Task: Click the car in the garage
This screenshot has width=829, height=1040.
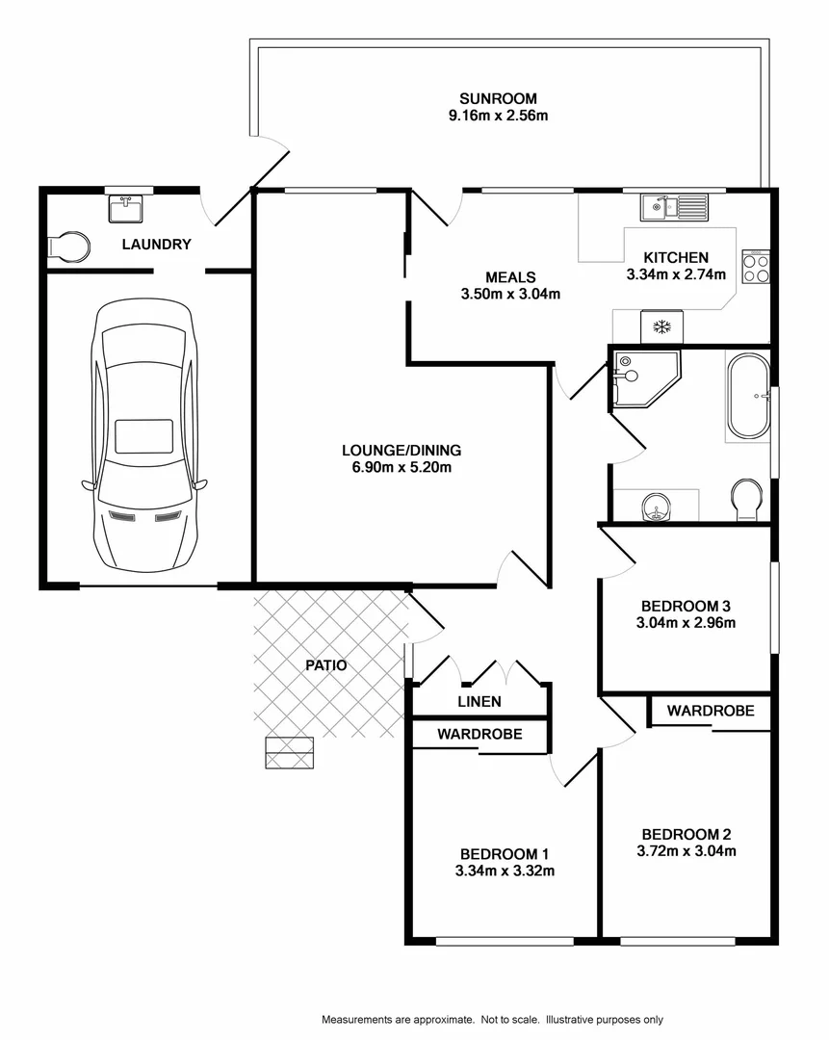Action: [x=144, y=433]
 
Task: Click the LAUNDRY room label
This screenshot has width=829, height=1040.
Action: [x=156, y=246]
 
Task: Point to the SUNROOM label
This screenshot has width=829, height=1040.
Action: [x=498, y=98]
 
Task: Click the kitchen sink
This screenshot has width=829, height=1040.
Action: [x=673, y=205]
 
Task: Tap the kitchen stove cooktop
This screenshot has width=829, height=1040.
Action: [x=756, y=266]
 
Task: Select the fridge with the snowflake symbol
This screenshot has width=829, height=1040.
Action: [x=661, y=326]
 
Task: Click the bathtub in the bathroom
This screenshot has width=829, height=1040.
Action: [x=748, y=397]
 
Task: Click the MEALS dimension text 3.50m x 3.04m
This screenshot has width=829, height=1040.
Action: [x=510, y=295]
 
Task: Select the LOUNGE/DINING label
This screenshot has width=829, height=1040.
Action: [x=402, y=450]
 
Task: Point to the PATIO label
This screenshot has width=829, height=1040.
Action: [x=326, y=665]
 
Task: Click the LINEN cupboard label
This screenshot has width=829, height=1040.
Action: [x=479, y=701]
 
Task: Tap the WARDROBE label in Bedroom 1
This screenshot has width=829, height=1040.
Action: [x=479, y=734]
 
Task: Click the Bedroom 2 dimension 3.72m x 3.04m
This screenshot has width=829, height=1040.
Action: [x=687, y=850]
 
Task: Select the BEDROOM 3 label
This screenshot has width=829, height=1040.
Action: [x=687, y=606]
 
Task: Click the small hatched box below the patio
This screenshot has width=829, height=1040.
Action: [x=290, y=752]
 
